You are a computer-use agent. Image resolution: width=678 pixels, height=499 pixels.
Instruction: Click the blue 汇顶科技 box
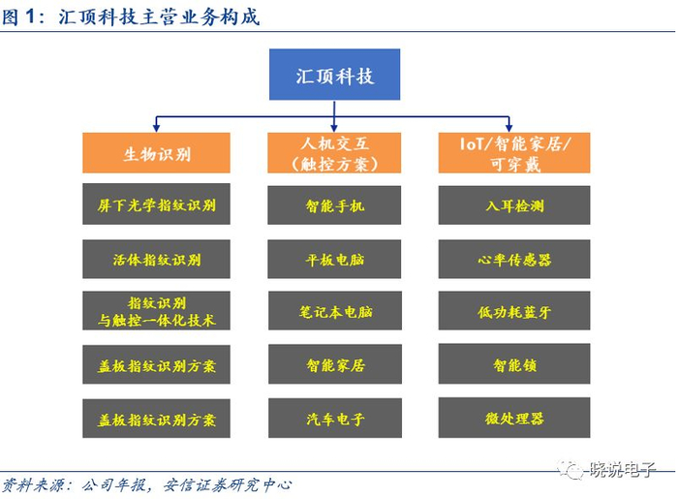(x=334, y=76)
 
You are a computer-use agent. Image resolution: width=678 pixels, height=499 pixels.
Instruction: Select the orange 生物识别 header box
(x=157, y=153)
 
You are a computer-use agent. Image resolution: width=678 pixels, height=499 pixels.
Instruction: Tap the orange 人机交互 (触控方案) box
(x=334, y=153)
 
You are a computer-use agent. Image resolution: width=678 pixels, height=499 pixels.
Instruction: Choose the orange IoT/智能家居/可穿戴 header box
(x=514, y=153)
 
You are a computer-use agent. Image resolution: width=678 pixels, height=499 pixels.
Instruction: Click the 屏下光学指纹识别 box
(x=157, y=205)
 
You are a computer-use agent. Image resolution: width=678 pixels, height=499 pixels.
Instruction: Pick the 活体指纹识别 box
(x=157, y=259)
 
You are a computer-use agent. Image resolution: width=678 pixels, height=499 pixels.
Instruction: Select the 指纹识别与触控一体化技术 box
(x=157, y=311)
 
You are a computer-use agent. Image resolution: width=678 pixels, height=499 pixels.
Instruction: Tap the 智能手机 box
(x=334, y=205)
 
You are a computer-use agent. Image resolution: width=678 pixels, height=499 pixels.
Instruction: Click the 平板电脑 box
(x=334, y=259)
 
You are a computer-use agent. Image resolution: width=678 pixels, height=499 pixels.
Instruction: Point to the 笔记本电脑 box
(x=334, y=311)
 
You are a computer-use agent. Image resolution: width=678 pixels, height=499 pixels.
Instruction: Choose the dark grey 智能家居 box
(x=334, y=364)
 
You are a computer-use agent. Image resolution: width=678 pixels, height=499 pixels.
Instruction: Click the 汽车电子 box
(x=334, y=419)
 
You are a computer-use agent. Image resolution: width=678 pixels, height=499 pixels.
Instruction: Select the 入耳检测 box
(x=514, y=205)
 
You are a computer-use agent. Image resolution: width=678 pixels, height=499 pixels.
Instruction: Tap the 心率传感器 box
(x=514, y=259)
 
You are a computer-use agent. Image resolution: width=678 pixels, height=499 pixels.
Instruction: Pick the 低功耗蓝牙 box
(x=514, y=311)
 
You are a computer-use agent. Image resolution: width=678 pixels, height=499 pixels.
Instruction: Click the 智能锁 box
(x=514, y=364)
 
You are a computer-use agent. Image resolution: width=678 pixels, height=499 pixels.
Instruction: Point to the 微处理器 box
(x=514, y=418)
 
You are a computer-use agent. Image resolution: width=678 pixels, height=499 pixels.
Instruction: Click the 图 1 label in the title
(x=24, y=16)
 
